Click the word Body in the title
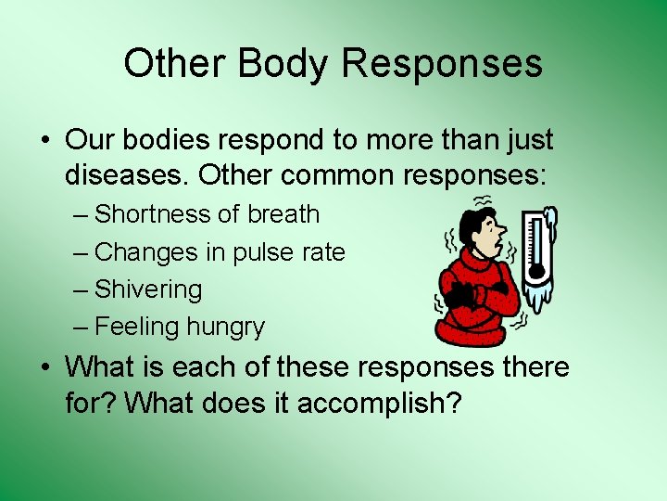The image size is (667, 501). coord(283,64)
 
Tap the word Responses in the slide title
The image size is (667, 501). coord(442,64)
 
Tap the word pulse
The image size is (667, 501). coord(242,252)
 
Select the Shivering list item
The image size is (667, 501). coord(147,289)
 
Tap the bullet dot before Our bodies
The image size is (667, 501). coord(45,141)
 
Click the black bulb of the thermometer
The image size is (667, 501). coord(535,272)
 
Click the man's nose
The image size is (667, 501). coord(500,228)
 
